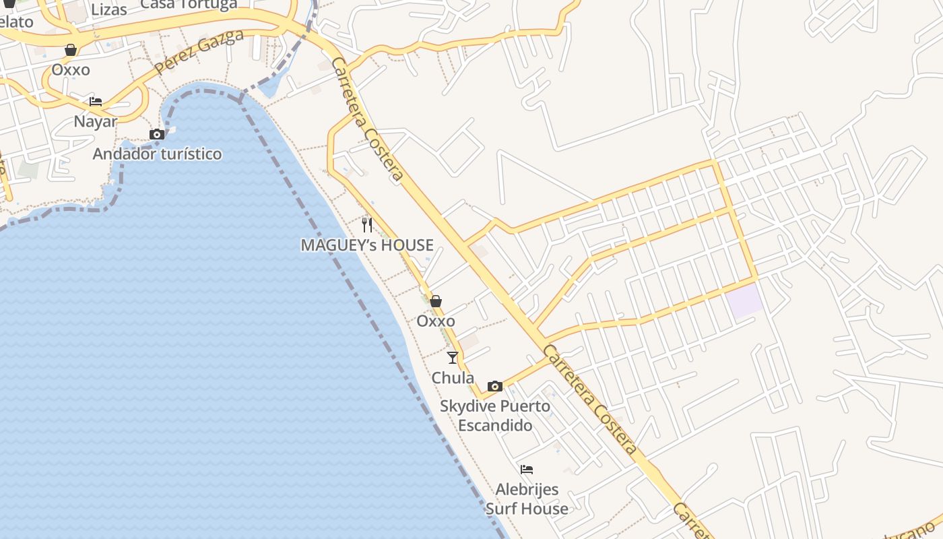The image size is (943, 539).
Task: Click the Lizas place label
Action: coord(108,10)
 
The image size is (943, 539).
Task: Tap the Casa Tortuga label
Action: coord(189,4)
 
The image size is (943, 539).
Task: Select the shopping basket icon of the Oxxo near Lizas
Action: coord(71,50)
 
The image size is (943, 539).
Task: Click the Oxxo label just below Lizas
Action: coord(71,69)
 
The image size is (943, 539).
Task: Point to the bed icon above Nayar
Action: coord(96,102)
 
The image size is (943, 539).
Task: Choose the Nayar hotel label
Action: coord(96,122)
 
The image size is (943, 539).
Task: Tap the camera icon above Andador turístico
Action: coord(157,134)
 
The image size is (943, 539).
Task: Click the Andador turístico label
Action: coord(157,154)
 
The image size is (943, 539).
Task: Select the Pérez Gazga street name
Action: coord(198,52)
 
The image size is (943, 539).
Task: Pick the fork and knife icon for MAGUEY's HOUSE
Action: coord(367,224)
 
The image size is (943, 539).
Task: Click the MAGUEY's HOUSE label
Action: coord(367,245)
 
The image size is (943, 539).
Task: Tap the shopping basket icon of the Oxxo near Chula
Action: coord(436,301)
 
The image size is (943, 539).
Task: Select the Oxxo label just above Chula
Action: coord(436,321)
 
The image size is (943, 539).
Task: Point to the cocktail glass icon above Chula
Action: coord(453,358)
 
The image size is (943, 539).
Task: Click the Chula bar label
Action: coord(453,377)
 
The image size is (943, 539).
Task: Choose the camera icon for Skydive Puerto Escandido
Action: coord(495,386)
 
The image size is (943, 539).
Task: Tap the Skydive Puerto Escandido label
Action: coord(495,416)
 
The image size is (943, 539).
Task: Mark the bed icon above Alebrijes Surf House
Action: coord(527,469)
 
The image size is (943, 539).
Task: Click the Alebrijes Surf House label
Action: coord(527,499)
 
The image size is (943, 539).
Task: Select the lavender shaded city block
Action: coord(744,300)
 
